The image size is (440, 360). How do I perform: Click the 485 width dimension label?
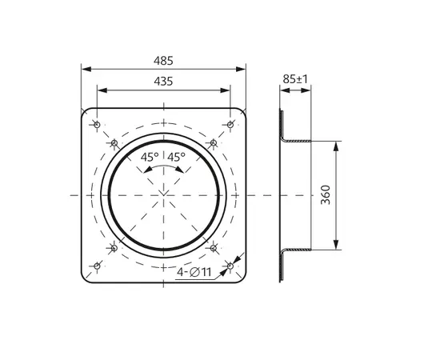tap(163, 61)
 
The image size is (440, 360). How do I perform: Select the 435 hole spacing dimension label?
tap(163, 82)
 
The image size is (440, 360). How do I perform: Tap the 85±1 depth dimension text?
tap(295, 79)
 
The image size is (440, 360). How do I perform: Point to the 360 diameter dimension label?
tap(326, 194)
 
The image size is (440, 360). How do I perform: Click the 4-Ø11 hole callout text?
tap(194, 272)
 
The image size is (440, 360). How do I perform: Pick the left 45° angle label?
tap(150, 157)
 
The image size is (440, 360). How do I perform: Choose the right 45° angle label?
tap(177, 157)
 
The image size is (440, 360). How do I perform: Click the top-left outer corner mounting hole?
tap(97, 125)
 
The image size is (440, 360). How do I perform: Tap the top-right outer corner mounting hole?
tap(230, 125)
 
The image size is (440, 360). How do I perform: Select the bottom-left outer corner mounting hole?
tap(97, 266)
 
